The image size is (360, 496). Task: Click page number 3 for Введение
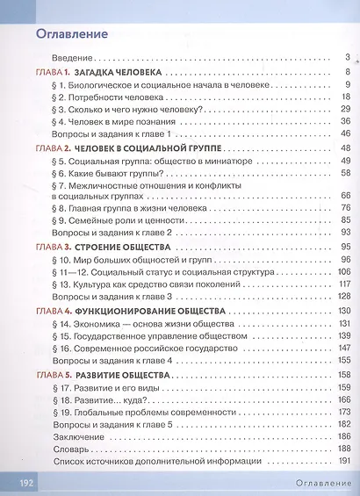(349, 58)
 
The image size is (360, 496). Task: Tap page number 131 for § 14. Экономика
(344, 324)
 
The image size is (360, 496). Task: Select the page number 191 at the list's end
(344, 461)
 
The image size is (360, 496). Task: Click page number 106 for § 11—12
(344, 273)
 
